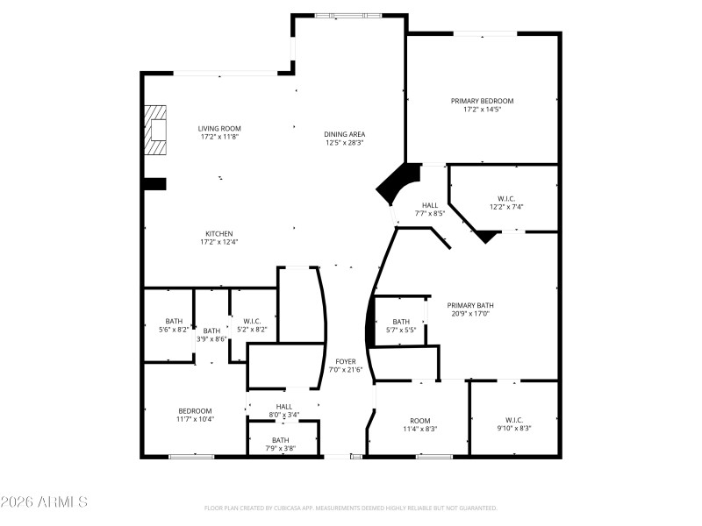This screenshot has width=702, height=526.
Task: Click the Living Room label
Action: (219, 129)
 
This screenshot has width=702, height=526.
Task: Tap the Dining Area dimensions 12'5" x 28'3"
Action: (345, 142)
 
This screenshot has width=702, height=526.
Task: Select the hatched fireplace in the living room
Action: (155, 131)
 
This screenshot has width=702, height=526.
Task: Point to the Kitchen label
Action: (219, 234)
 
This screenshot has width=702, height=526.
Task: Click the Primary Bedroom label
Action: (483, 101)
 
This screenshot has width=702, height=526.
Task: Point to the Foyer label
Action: (345, 361)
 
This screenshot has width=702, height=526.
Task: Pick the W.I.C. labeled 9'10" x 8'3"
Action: (513, 423)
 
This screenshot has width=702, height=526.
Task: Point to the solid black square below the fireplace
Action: (154, 183)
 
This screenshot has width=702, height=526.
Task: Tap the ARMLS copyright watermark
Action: (44, 502)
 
